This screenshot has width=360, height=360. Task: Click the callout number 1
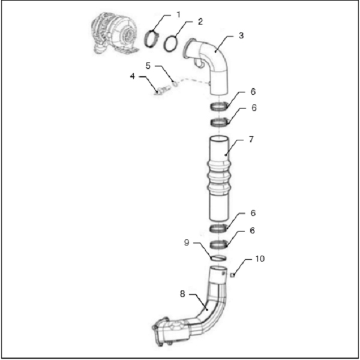point(178,15)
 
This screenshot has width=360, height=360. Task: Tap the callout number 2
point(200,22)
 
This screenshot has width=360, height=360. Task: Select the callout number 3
point(241,35)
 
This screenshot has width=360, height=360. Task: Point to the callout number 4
point(133,76)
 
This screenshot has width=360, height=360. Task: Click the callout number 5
point(148,65)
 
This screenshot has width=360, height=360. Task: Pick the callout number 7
point(251,139)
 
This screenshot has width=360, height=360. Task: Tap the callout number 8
point(182,294)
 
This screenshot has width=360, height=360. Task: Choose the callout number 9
point(187,242)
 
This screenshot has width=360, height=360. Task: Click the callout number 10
point(260,259)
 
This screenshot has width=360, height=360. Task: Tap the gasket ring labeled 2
point(171,43)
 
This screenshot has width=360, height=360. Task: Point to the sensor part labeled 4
point(163,90)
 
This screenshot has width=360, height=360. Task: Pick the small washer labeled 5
point(175,84)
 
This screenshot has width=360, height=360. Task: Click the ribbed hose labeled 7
point(219,178)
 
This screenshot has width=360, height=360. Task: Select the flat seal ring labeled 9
point(218,258)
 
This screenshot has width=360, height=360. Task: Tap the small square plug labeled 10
point(233,275)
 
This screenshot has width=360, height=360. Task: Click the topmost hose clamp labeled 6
point(220,107)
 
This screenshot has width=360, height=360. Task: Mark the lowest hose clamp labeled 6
point(219,244)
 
